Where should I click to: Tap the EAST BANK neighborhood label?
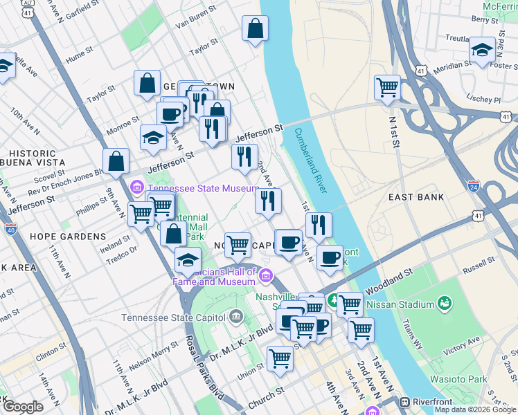pos(416,197)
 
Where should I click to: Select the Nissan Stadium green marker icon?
pos(444,304)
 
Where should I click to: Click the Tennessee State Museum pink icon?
pos(136,187)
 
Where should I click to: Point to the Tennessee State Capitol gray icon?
pos(236,317)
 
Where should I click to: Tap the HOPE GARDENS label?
pos(68,236)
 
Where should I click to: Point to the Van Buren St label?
pos(197,25)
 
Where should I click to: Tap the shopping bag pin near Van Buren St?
pos(255,29)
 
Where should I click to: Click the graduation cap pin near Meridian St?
pos(482,50)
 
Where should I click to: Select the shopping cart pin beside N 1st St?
pos(387,88)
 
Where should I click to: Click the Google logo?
pos(23,407)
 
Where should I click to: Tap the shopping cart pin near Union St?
pos(280,358)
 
